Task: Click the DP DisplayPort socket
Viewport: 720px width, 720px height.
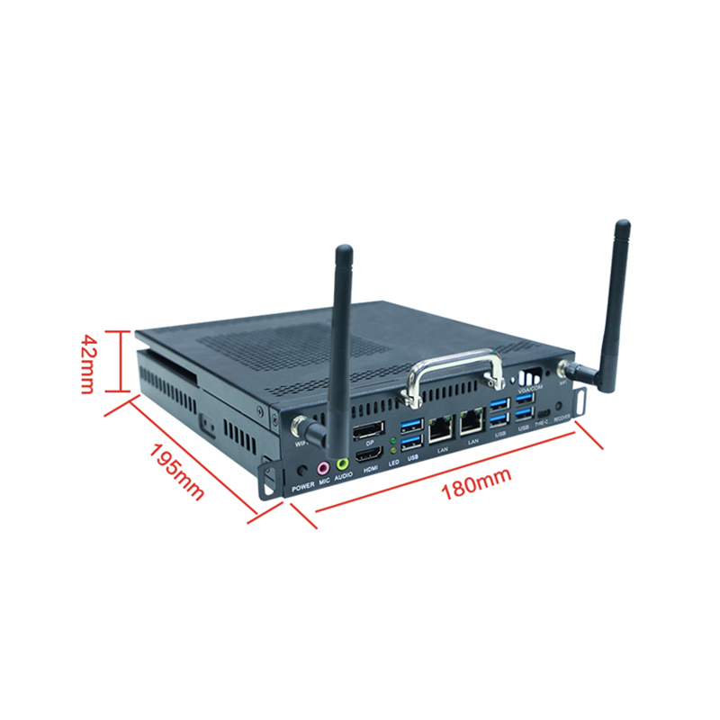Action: (369, 429)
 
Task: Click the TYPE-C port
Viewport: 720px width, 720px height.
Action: (542, 408)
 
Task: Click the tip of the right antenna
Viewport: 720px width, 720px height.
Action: (623, 225)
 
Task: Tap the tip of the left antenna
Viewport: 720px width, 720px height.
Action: (342, 249)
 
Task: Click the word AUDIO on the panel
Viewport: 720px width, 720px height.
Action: (343, 481)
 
